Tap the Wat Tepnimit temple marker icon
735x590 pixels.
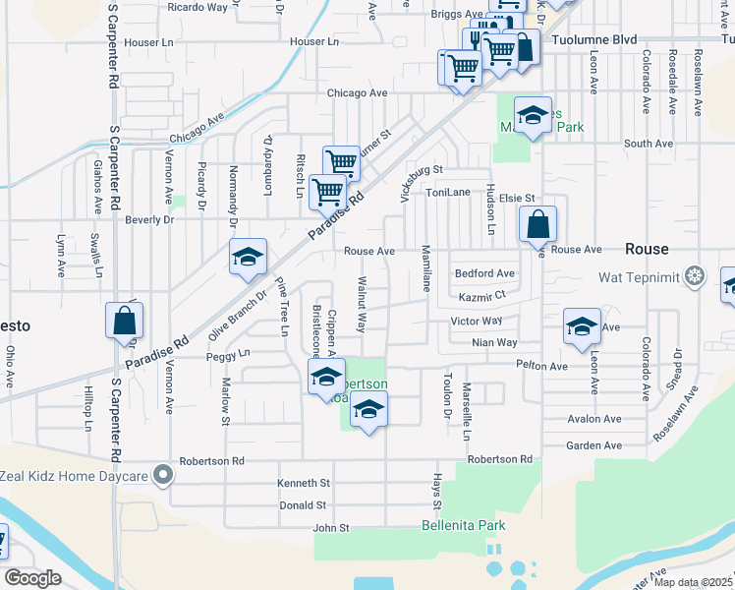coord(695,276)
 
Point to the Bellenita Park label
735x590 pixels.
coord(463,525)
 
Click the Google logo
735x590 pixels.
coord(32,578)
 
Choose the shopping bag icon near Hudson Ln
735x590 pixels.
coord(537,225)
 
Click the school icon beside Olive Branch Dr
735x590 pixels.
coord(249,257)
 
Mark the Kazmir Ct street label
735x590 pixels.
coord(481,297)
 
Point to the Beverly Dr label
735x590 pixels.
coord(149,219)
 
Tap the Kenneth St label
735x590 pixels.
coord(304,483)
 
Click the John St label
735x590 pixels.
coord(331,528)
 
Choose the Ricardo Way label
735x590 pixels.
coord(198,7)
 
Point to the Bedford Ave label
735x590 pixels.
coord(484,273)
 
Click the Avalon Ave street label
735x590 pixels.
coord(594,418)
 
